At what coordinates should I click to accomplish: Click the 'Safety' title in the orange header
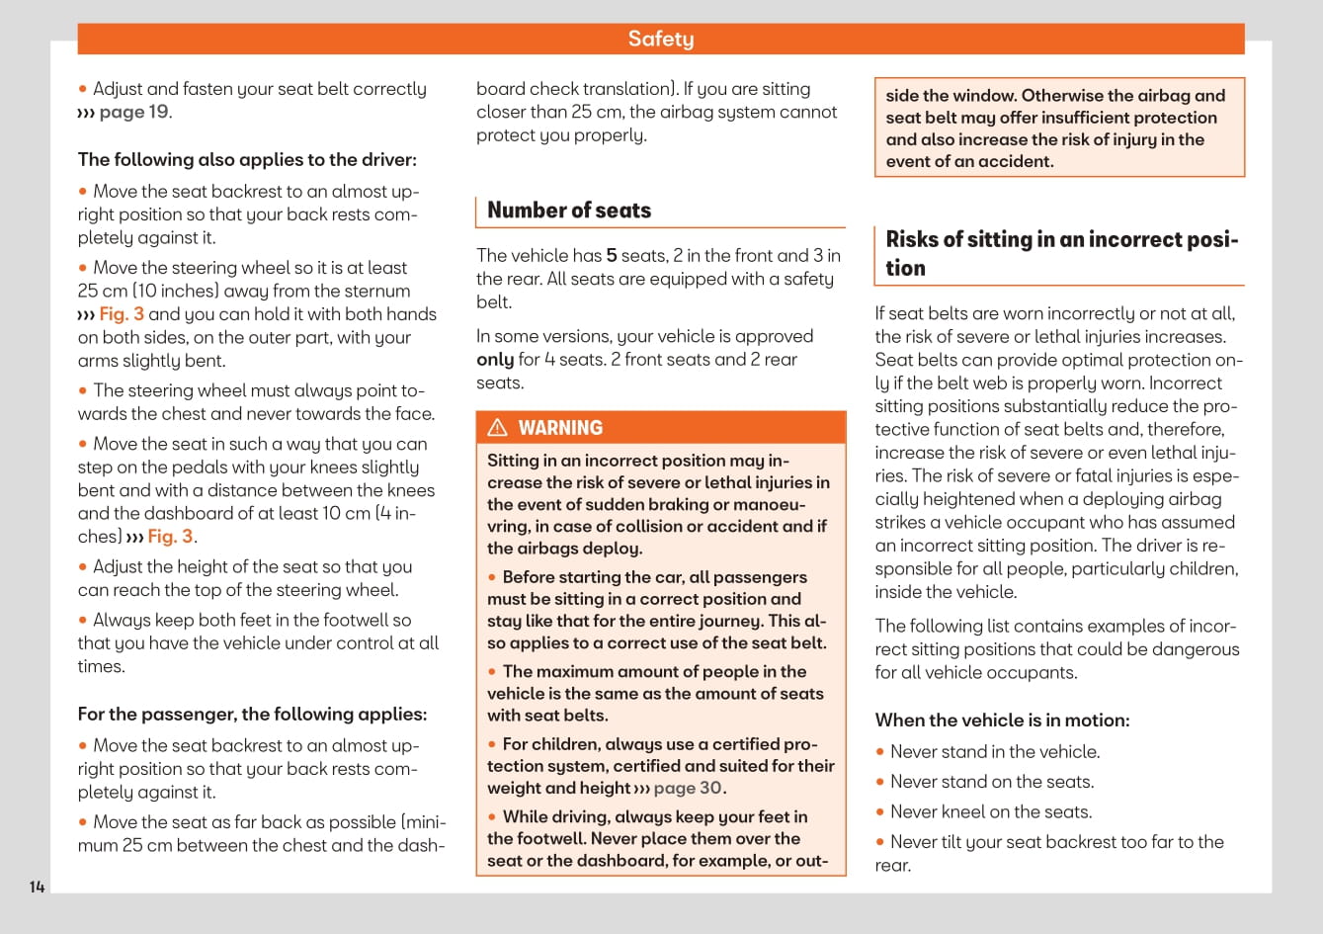point(661,39)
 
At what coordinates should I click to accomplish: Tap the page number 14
point(37,887)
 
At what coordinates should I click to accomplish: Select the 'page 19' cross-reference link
point(133,113)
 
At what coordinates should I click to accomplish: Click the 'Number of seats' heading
point(569,211)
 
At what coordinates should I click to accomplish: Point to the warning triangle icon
point(498,428)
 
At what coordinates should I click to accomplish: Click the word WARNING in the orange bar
point(560,428)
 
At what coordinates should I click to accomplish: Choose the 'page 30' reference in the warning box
point(688,789)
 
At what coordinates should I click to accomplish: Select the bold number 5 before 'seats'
point(612,256)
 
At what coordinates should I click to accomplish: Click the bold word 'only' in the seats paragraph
point(495,360)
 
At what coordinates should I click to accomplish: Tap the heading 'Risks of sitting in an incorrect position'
point(1061,254)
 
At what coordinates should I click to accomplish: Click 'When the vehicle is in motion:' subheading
point(1002,721)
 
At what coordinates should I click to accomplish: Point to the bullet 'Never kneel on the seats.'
point(990,812)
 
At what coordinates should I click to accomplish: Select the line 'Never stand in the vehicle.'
point(994,752)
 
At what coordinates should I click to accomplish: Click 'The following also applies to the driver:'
point(247,160)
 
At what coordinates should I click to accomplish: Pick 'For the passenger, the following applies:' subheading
point(252,715)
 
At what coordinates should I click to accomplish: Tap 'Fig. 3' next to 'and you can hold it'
point(122,314)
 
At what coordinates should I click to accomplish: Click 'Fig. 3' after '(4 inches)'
point(170,537)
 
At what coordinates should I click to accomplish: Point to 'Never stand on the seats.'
point(991,782)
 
